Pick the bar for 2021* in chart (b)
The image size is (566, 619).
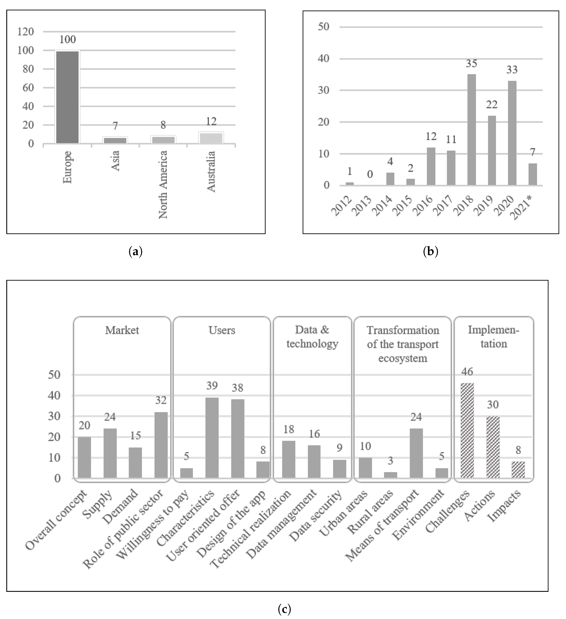[x=533, y=174]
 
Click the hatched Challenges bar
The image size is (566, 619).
[x=467, y=430]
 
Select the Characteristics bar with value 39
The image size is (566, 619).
[x=212, y=438]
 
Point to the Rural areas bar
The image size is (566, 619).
[x=391, y=475]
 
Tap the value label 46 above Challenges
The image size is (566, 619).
[x=467, y=372]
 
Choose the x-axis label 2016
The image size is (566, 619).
[x=423, y=205]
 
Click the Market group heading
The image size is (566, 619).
[x=122, y=330]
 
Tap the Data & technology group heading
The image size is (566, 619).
[x=312, y=337]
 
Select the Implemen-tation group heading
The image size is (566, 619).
[x=493, y=337]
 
